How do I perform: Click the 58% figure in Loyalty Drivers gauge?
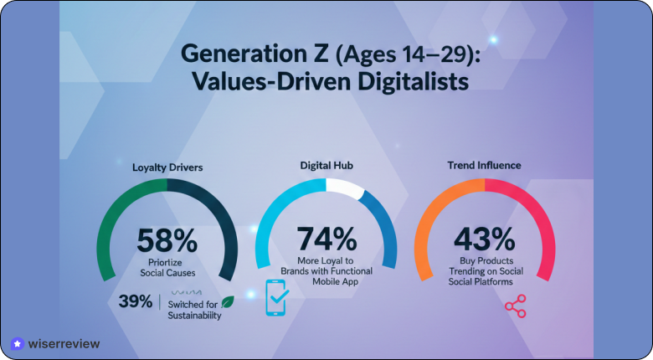[x=167, y=240]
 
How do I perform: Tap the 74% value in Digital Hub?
[x=326, y=240]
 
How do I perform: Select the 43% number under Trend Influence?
[x=486, y=240]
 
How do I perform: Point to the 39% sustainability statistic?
[x=135, y=301]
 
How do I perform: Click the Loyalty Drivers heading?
[x=167, y=167]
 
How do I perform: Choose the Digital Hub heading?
[x=326, y=166]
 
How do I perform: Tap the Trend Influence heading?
[x=485, y=166]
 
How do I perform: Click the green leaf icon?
[x=227, y=301]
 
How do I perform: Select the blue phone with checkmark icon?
[x=277, y=298]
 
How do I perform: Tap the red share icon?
[x=515, y=306]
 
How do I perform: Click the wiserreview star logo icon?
[x=18, y=343]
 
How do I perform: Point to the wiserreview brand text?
[x=64, y=343]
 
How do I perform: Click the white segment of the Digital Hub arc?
[x=342, y=188]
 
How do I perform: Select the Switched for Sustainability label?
[x=193, y=309]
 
